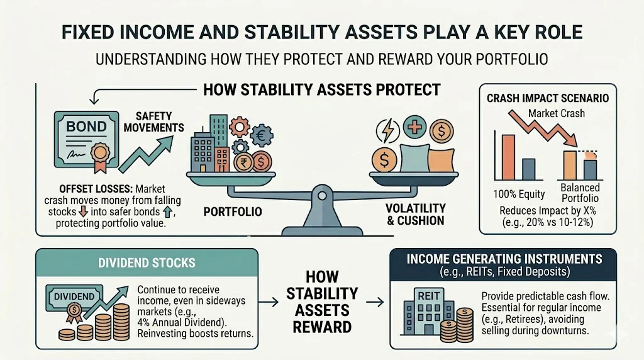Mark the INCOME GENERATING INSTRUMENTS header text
point(504,259)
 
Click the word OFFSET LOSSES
point(79,188)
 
